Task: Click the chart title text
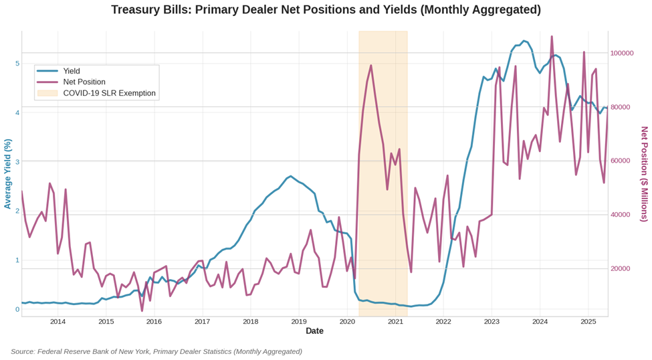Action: point(326,10)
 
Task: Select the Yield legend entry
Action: point(72,71)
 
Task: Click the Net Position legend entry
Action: point(84,82)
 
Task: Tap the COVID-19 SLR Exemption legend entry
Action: point(109,93)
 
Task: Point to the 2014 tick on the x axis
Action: point(58,322)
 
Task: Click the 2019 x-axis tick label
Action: point(299,322)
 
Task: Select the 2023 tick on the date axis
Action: point(492,322)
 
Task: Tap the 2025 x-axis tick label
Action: point(588,322)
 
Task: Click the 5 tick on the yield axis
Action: point(17,64)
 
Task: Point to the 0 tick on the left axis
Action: point(17,309)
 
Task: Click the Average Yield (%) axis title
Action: point(7,174)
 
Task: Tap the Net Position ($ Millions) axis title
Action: point(644,174)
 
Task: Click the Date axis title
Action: point(314,331)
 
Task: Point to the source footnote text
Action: point(156,351)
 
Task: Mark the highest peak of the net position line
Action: point(552,36)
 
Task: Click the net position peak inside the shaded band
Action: point(371,66)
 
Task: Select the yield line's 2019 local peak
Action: point(290,176)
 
